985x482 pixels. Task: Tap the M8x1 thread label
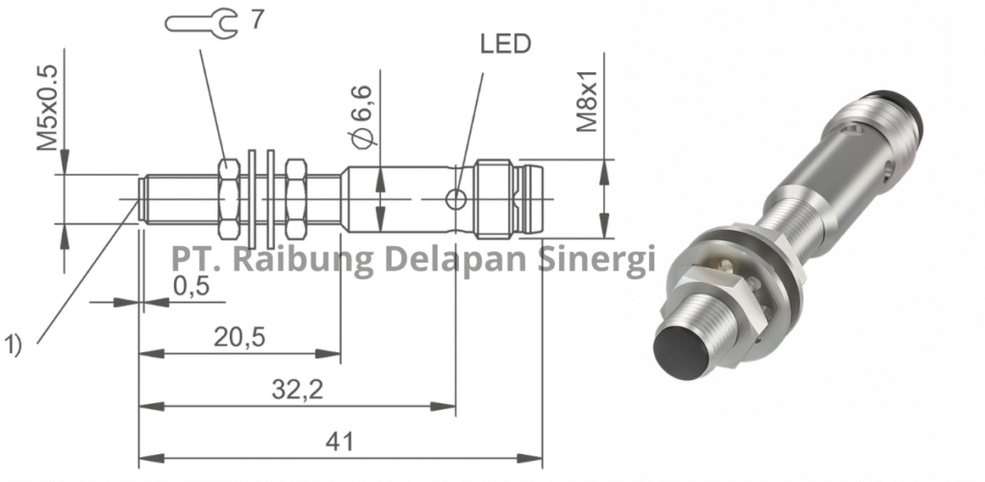pos(588,101)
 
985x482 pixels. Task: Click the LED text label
pos(504,44)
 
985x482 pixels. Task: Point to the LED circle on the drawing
pos(456,199)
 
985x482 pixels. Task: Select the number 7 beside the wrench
pos(257,19)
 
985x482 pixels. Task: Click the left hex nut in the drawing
pos(229,199)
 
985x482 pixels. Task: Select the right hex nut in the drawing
pos(293,199)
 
